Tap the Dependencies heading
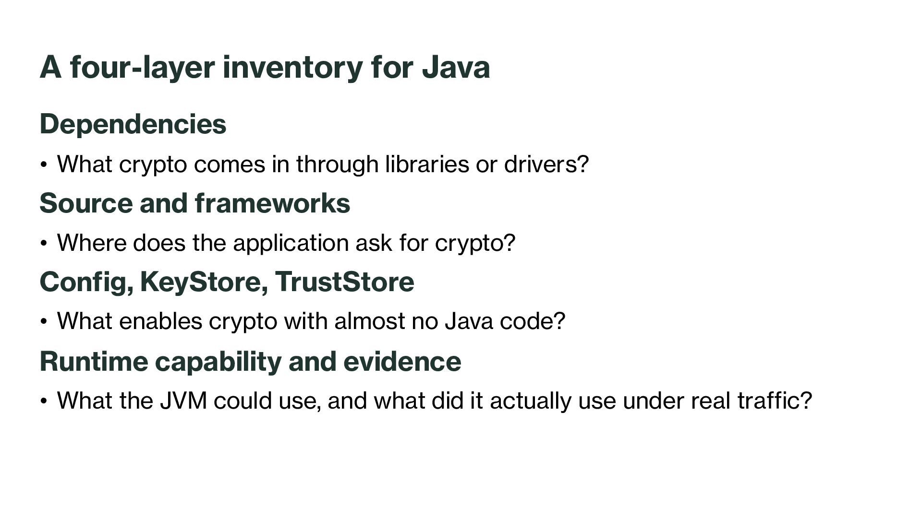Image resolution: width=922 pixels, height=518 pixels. [x=133, y=124]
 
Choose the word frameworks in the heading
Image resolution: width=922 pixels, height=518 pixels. [x=273, y=202]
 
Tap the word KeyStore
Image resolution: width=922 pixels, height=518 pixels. [x=200, y=282]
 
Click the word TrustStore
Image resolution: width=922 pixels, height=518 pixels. [x=344, y=282]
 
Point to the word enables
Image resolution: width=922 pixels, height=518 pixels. [x=160, y=321]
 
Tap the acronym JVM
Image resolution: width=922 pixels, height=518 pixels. [x=183, y=400]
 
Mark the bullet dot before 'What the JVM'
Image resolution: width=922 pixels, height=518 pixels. [x=44, y=401]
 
